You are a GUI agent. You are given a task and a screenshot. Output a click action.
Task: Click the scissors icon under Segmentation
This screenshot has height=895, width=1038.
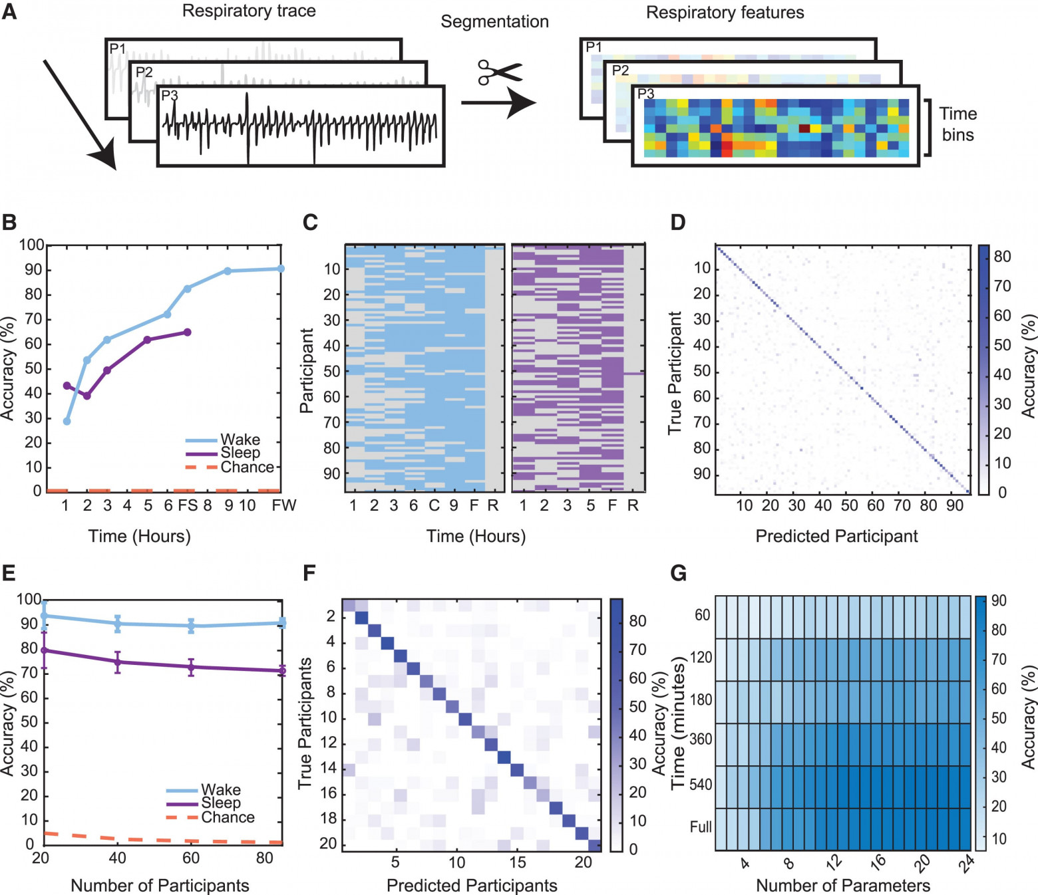point(500,72)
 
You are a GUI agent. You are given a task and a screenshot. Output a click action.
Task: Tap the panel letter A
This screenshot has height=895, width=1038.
point(9,11)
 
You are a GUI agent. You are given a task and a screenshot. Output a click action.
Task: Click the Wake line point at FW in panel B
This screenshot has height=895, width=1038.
point(281,269)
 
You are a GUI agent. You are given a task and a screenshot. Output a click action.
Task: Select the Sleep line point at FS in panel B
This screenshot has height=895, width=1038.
point(187,332)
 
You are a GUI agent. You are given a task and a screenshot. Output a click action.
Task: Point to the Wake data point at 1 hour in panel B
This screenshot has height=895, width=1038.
point(67,421)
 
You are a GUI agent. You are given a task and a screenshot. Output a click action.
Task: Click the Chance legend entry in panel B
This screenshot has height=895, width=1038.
point(247,467)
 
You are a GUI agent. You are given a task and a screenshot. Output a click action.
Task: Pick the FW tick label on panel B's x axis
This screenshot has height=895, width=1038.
point(283,505)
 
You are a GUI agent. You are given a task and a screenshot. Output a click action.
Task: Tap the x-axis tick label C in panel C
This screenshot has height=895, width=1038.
point(434,505)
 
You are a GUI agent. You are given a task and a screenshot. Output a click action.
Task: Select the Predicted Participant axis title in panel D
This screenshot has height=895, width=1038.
point(836,536)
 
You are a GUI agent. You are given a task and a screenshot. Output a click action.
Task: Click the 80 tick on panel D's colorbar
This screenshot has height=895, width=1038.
point(1001,257)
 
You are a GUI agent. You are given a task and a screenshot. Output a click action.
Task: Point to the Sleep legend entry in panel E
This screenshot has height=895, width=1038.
point(221,803)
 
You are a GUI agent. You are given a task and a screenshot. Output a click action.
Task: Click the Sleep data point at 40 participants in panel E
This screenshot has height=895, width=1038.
point(118,662)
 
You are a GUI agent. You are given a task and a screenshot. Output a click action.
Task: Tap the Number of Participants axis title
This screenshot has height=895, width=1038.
point(160,886)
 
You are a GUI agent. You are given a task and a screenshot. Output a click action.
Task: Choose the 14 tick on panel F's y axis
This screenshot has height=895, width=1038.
point(328,769)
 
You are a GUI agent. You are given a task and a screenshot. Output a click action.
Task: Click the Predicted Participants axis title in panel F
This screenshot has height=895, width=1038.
point(472,886)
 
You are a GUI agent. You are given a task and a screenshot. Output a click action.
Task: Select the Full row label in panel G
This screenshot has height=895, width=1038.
point(701,827)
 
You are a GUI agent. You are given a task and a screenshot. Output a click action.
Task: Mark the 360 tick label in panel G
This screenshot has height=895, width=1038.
point(701,739)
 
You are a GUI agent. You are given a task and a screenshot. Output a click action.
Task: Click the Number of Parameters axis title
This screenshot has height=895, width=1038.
point(843,886)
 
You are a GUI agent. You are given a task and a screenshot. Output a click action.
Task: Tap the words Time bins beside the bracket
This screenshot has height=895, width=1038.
point(957,124)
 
